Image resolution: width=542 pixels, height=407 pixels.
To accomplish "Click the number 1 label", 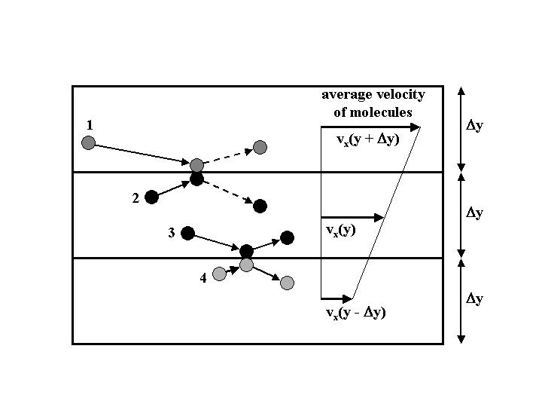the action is click(x=90, y=124).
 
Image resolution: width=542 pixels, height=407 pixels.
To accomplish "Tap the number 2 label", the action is click(x=135, y=198).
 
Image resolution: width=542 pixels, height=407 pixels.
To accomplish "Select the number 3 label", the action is click(x=172, y=233).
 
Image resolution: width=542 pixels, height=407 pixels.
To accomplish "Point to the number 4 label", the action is click(x=203, y=278).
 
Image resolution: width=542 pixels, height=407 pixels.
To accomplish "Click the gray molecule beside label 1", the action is click(x=89, y=142).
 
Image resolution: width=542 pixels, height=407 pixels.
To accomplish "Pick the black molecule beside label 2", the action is click(x=151, y=197).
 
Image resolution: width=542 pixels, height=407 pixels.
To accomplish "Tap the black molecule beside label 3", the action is click(x=187, y=233).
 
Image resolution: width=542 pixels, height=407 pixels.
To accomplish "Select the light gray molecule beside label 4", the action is click(x=219, y=274).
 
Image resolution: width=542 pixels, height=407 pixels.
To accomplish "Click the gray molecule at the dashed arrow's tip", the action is click(x=260, y=148).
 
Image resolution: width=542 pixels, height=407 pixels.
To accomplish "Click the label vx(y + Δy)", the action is click(x=368, y=140).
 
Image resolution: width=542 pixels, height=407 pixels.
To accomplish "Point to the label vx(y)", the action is click(x=341, y=230).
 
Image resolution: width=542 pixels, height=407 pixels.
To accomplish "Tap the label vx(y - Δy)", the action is click(x=356, y=314).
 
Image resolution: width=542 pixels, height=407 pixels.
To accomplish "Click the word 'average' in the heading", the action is click(x=347, y=95).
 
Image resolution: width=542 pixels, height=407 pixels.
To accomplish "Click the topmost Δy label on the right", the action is click(x=474, y=126).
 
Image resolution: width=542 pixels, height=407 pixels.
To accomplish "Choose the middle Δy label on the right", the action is click(x=474, y=213).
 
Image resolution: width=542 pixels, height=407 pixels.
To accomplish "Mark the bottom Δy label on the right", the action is click(x=474, y=298).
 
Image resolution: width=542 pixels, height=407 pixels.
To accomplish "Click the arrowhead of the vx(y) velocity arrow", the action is click(x=379, y=218).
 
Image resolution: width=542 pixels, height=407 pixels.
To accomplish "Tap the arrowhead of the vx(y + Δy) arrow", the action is click(x=415, y=127).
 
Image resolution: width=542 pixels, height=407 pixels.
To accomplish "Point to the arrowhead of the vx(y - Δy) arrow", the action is click(x=347, y=298).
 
